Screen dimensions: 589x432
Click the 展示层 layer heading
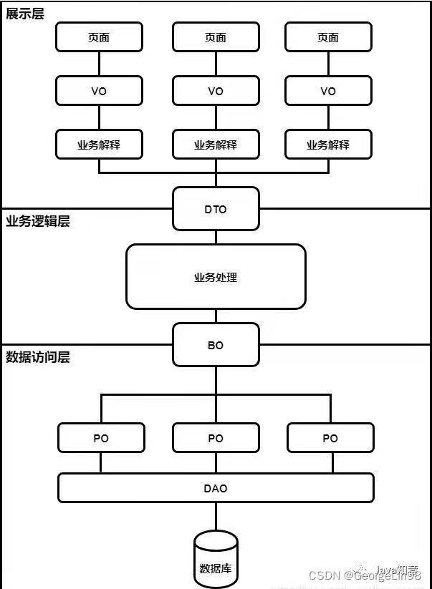pyautogui.click(x=25, y=14)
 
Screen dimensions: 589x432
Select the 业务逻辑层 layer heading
pyautogui.click(x=38, y=221)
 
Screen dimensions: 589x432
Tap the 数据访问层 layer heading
pyautogui.click(x=38, y=357)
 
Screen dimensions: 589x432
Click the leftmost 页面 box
pyautogui.click(x=99, y=37)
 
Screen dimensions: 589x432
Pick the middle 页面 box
pyautogui.click(x=216, y=37)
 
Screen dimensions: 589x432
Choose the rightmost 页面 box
pyautogui.click(x=328, y=37)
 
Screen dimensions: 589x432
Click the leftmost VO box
pyautogui.click(x=99, y=91)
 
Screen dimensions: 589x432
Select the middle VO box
pyautogui.click(x=216, y=91)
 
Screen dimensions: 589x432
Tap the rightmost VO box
pyautogui.click(x=328, y=91)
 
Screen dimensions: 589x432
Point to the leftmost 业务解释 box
pyautogui.click(x=99, y=145)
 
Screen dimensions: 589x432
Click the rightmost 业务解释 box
pyautogui.click(x=328, y=145)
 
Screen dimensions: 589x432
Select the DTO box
pyautogui.click(x=216, y=209)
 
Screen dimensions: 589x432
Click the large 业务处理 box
pyautogui.click(x=216, y=277)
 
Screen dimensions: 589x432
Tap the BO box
pyautogui.click(x=216, y=345)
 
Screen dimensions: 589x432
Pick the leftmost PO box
pyautogui.click(x=101, y=438)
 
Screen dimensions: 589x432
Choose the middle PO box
pyautogui.click(x=216, y=438)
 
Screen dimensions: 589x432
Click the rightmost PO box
pyautogui.click(x=330, y=438)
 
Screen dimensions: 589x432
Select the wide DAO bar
pyautogui.click(x=216, y=488)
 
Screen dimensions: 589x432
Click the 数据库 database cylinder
pyautogui.click(x=216, y=562)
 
